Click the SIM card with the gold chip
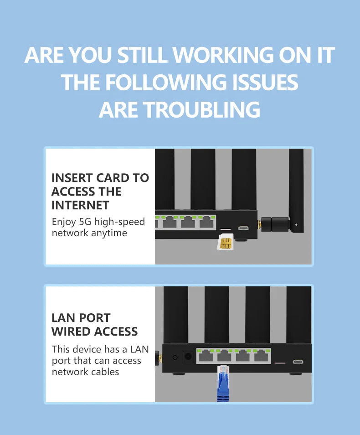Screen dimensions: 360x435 pyautogui.click(x=226, y=242)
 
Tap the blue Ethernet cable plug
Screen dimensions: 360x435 pyautogui.click(x=223, y=383)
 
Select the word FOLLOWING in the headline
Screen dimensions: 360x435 pyautogui.click(x=165, y=83)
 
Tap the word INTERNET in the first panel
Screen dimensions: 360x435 pyautogui.click(x=80, y=206)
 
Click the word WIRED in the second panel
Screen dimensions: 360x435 pyautogui.click(x=71, y=331)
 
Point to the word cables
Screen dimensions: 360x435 pyautogui.click(x=105, y=372)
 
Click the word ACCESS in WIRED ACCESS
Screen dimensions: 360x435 pyautogui.click(x=116, y=331)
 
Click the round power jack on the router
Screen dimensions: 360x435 pyautogui.click(x=188, y=357)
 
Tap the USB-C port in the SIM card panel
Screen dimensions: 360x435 pyautogui.click(x=243, y=228)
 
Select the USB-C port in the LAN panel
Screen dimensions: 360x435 pyautogui.click(x=298, y=362)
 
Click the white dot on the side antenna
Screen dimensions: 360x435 pyautogui.click(x=296, y=225)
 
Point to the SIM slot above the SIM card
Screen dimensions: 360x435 pyautogui.click(x=226, y=229)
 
